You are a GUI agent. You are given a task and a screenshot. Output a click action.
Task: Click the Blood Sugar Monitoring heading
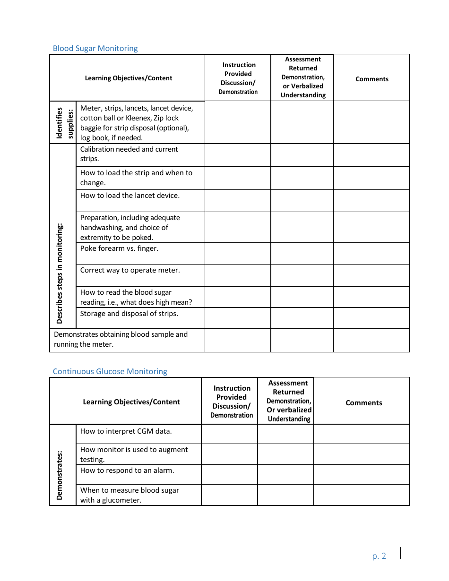point(95,48)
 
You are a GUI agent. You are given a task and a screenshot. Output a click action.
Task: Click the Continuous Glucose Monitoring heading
point(110,371)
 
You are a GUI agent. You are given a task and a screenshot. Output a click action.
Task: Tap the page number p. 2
point(379,556)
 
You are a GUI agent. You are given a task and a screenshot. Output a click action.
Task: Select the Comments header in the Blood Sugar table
point(372,79)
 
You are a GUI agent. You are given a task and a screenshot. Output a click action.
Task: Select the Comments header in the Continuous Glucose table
point(363,402)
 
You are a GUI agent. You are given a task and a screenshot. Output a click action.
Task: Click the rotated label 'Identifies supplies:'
point(64,123)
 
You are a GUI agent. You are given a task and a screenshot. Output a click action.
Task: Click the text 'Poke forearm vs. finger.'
point(119,248)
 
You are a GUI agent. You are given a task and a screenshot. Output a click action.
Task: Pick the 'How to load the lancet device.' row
point(130,196)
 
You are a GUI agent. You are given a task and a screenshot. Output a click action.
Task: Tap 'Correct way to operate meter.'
point(130,270)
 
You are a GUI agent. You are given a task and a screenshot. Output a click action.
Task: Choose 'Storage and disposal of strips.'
point(129,314)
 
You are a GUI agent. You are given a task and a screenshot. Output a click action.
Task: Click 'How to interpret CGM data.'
point(126,431)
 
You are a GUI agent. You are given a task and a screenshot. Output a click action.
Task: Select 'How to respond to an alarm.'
point(127,470)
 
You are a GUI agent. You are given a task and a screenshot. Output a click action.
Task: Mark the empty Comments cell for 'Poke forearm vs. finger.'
point(371,254)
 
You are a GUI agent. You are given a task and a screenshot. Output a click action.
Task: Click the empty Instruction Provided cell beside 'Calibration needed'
point(238,155)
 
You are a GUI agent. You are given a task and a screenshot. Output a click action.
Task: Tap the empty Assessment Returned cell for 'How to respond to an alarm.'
point(285,475)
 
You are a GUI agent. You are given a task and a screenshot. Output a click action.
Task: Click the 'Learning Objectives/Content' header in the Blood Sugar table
point(129,78)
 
